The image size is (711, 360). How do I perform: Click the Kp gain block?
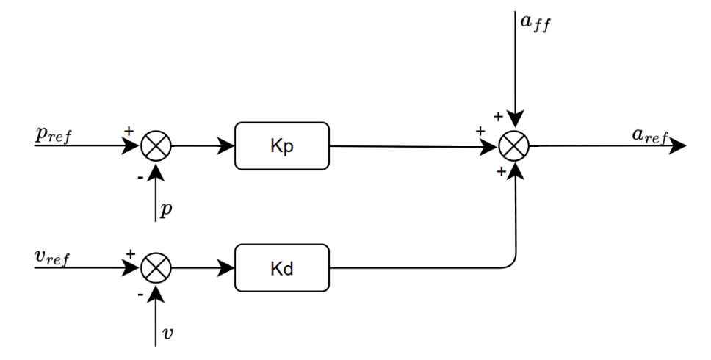tap(282, 145)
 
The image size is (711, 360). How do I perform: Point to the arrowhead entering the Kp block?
tap(227, 145)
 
